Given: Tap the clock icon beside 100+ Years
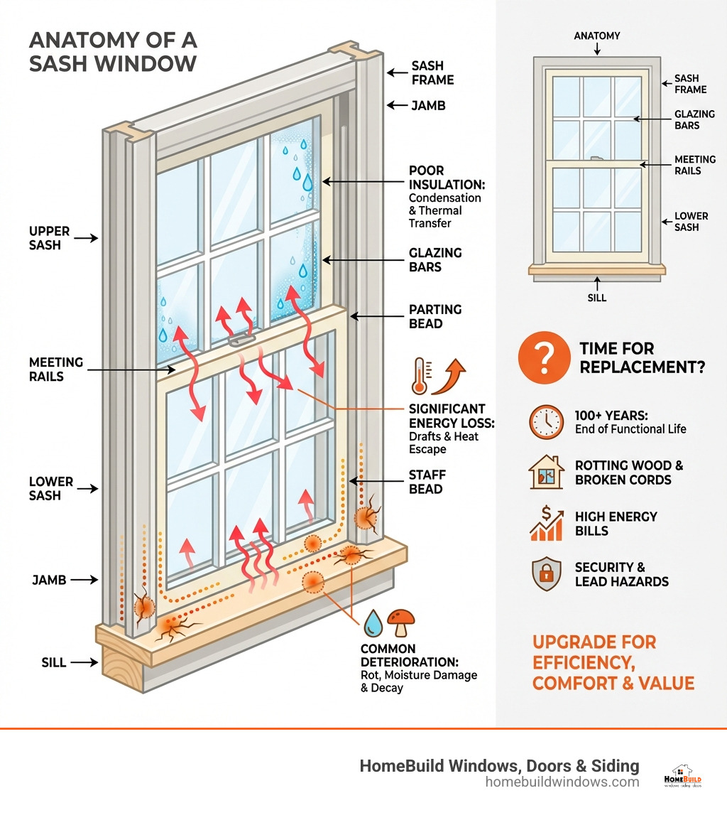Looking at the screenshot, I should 546,422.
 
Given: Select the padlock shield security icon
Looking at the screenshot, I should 546,574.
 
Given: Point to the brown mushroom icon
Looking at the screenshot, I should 402,622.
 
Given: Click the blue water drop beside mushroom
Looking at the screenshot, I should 372,623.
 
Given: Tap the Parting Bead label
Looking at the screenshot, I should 434,317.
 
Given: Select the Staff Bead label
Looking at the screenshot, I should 426,482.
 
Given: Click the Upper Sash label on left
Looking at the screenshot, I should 50,238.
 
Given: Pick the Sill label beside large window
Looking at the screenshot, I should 53,662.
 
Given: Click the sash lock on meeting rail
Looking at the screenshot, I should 242,340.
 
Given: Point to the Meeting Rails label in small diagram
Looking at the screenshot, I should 694,165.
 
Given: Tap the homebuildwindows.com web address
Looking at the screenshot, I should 562,782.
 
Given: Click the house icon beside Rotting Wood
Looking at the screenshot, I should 546,473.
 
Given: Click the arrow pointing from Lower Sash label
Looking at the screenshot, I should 87,489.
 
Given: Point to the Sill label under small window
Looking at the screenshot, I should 597,298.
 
